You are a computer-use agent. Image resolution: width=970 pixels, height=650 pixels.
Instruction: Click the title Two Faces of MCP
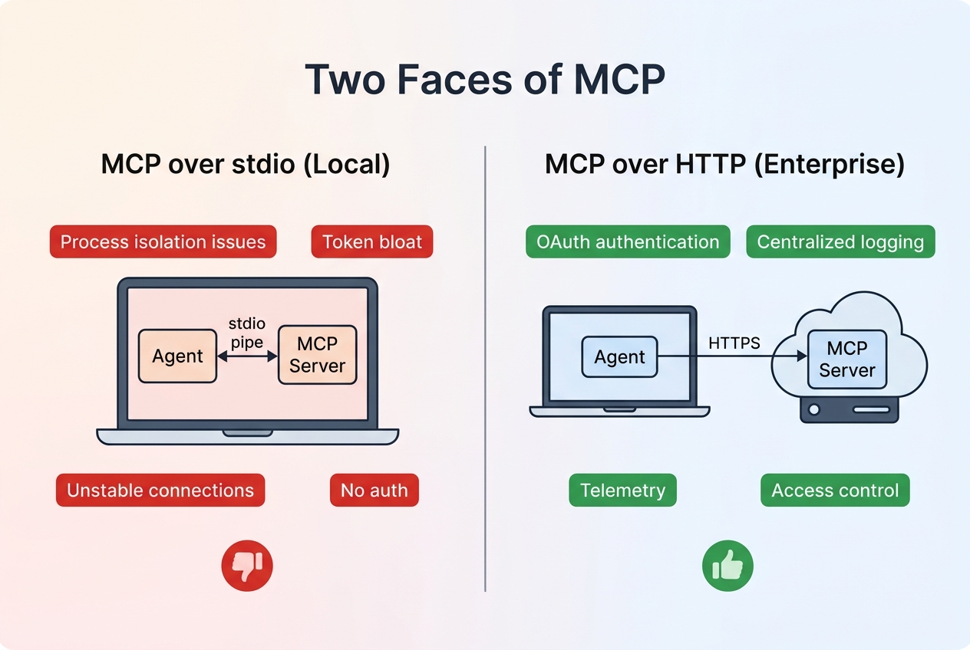[484, 79]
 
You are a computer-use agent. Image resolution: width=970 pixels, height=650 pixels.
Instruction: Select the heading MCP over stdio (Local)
[246, 165]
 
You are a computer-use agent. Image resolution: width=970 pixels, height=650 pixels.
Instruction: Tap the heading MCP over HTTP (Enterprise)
[724, 165]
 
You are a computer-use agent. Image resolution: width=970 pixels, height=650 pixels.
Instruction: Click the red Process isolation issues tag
[163, 242]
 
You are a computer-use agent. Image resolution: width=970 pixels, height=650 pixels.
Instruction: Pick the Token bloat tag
[372, 242]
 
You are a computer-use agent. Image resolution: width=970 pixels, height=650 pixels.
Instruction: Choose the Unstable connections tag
[160, 491]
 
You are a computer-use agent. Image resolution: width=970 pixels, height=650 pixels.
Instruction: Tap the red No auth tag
[374, 491]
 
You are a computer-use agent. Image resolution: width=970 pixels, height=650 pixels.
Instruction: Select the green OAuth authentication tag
[628, 242]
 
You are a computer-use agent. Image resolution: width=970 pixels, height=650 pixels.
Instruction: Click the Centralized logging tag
[840, 242]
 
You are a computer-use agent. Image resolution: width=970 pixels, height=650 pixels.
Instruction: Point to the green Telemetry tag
[622, 491]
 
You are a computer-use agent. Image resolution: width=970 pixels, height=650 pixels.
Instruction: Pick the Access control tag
[835, 491]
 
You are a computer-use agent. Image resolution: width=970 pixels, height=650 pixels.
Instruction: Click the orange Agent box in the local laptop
[178, 356]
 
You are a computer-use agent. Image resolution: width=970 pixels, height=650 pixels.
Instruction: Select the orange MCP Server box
[317, 355]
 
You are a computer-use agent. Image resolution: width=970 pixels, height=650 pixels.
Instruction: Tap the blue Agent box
[620, 357]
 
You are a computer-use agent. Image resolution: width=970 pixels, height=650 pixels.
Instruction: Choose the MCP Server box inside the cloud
[846, 359]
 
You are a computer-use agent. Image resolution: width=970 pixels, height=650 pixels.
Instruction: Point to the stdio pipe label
[247, 333]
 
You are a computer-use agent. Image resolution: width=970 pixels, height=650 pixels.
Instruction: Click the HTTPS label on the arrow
[734, 343]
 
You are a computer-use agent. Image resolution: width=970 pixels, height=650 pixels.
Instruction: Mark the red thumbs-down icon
[247, 566]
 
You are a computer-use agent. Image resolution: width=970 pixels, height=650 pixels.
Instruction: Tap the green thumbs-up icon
[727, 567]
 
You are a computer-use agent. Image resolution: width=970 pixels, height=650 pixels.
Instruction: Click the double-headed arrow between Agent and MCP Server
[247, 356]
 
